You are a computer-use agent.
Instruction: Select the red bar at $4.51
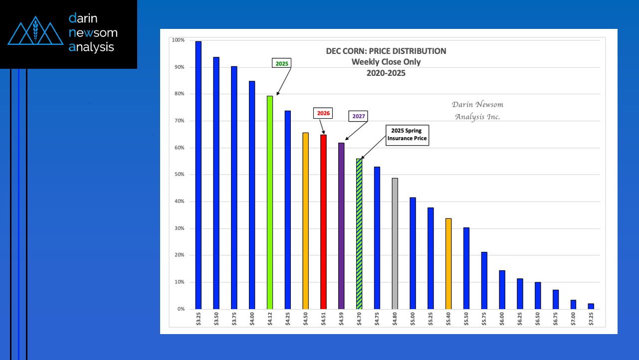pos(323,221)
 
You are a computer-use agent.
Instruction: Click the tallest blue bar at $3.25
pos(198,175)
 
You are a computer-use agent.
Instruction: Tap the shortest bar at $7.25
pos(591,306)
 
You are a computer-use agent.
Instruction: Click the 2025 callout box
pos(282,63)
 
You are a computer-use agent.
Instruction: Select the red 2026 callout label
pos(323,113)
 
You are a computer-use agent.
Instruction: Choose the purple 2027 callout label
pos(358,116)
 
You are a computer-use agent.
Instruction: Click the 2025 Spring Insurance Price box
pos(407,135)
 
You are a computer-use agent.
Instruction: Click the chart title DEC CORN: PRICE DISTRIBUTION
pos(386,51)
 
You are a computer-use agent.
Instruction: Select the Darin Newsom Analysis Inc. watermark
pos(477,110)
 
